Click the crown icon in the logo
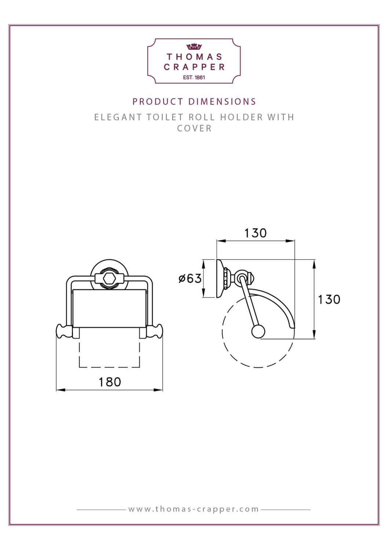pyautogui.click(x=194, y=47)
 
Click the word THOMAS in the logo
pyautogui.click(x=194, y=57)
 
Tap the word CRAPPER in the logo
pyautogui.click(x=194, y=67)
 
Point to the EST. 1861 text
pyautogui.click(x=194, y=78)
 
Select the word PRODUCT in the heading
pyautogui.click(x=158, y=102)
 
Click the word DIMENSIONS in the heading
pyautogui.click(x=222, y=102)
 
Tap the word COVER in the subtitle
pyautogui.click(x=194, y=129)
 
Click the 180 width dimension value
pyautogui.click(x=110, y=382)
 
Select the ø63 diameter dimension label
pyautogui.click(x=190, y=278)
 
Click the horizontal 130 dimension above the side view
pyautogui.click(x=255, y=233)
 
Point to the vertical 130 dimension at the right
pyautogui.click(x=329, y=299)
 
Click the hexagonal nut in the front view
pyautogui.click(x=109, y=278)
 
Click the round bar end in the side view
pyautogui.click(x=258, y=332)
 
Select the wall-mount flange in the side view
pyautogui.click(x=220, y=278)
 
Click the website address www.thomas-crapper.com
pyautogui.click(x=194, y=509)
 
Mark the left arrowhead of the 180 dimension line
pyautogui.click(x=58, y=390)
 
